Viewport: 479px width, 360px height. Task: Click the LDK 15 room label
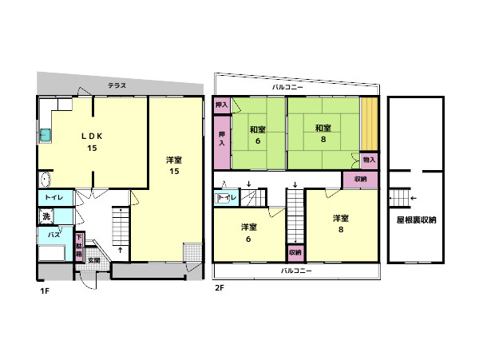(x=92, y=142)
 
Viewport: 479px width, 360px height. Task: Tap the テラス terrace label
(x=117, y=85)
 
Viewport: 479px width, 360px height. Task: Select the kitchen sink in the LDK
(x=46, y=135)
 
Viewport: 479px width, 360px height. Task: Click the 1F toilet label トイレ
(x=54, y=197)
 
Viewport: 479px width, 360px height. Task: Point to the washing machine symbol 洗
(x=46, y=216)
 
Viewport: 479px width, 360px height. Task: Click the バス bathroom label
(x=53, y=235)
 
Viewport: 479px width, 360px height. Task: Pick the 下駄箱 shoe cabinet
(x=79, y=247)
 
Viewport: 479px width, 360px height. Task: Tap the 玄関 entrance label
(x=94, y=261)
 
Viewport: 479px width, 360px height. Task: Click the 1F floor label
(x=45, y=291)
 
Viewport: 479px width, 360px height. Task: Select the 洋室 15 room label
(x=174, y=165)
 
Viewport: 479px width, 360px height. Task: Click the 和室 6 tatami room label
(x=258, y=135)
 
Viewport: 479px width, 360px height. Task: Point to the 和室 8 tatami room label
(x=323, y=133)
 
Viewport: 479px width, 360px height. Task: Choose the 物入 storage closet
(x=369, y=160)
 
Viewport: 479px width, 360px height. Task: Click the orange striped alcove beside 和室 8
(x=370, y=124)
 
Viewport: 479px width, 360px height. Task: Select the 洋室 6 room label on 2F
(x=248, y=233)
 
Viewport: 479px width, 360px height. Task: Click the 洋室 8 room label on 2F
(x=341, y=224)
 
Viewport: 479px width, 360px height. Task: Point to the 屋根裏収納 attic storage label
(x=417, y=220)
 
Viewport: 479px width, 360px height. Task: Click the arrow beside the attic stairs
(x=414, y=198)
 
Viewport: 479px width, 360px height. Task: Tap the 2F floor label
(x=220, y=287)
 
